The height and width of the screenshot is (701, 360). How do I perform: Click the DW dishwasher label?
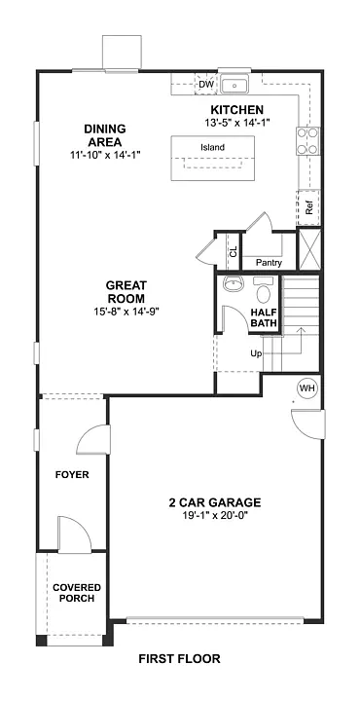[205, 85]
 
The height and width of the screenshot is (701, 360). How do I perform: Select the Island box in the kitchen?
[212, 148]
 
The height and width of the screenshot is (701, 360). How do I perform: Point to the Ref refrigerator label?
[308, 207]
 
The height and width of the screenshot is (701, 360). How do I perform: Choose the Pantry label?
[268, 263]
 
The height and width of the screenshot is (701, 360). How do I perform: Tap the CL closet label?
[232, 252]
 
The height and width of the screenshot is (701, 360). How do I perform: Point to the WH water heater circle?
[307, 389]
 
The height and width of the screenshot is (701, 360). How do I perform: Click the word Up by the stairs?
[256, 353]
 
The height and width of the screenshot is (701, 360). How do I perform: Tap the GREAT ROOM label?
[126, 292]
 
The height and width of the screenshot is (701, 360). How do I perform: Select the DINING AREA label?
[105, 135]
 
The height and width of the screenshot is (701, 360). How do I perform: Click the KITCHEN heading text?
[237, 111]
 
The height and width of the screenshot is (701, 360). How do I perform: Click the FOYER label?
[72, 475]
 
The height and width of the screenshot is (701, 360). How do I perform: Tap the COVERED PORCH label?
[74, 593]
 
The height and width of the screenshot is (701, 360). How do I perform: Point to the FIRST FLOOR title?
[179, 659]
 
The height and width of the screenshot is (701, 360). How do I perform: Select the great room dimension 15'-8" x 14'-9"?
[126, 312]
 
